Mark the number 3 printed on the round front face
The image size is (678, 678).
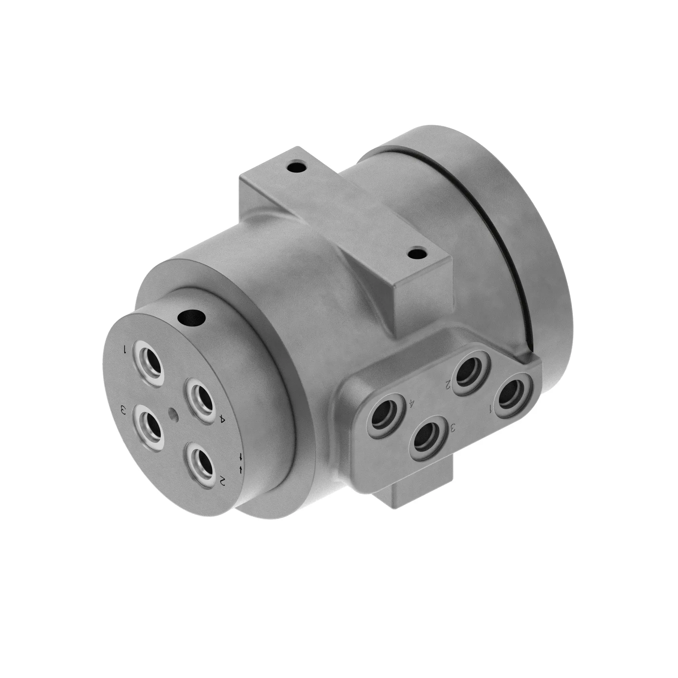[123, 410]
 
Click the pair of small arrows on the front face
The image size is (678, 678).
[241, 462]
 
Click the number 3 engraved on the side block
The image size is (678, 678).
[453, 427]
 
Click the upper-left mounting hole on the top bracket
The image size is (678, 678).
[298, 166]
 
